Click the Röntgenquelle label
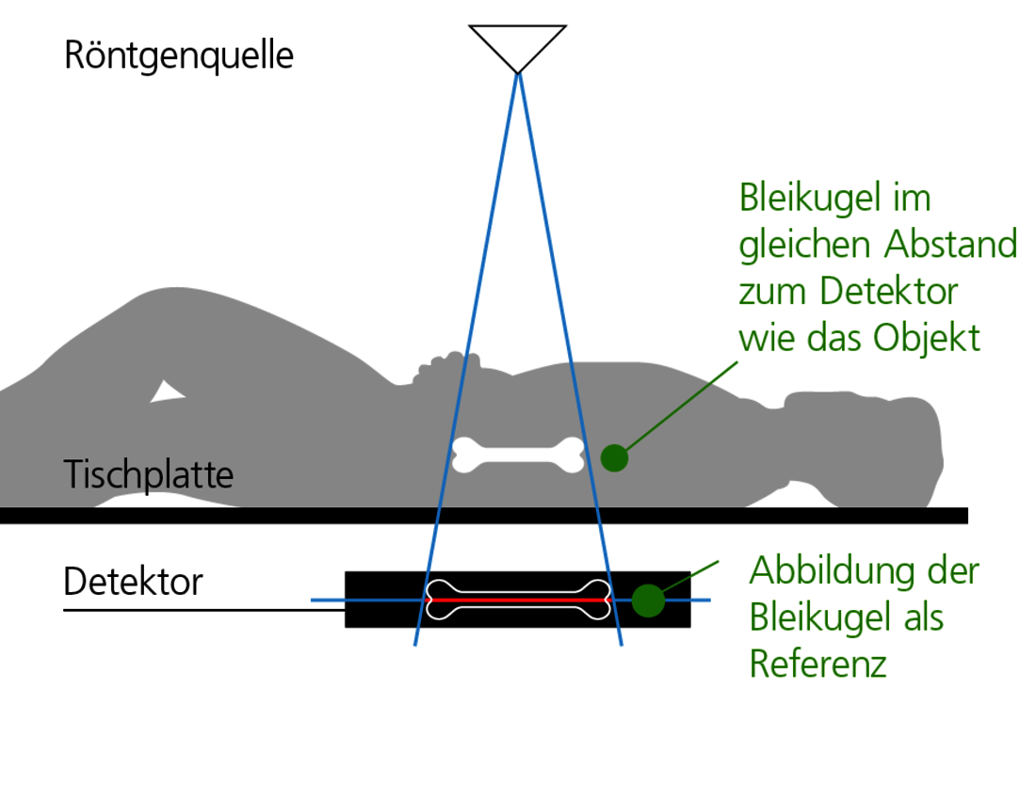pyautogui.click(x=178, y=56)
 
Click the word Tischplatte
pyautogui.click(x=149, y=475)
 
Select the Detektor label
pyautogui.click(x=133, y=582)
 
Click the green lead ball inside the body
pyautogui.click(x=614, y=458)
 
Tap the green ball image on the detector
pyautogui.click(x=648, y=601)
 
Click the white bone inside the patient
pyautogui.click(x=518, y=455)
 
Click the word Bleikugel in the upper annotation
pyautogui.click(x=807, y=199)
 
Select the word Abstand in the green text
pyautogui.click(x=951, y=245)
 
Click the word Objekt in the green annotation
pyautogui.click(x=927, y=339)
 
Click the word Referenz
pyautogui.click(x=817, y=664)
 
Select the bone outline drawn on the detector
pyautogui.click(x=519, y=601)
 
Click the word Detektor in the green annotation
pyautogui.click(x=889, y=292)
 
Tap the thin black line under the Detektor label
pyautogui.click(x=204, y=610)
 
